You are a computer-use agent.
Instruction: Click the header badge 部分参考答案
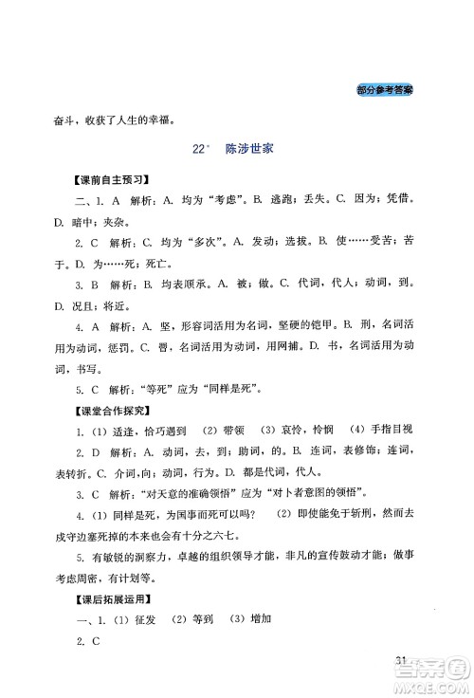pos(392,89)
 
